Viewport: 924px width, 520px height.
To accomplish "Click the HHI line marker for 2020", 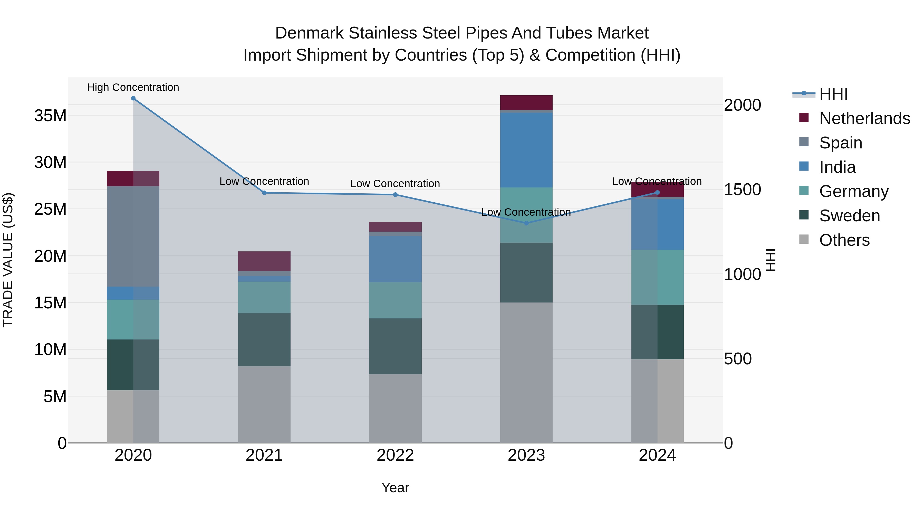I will (x=133, y=98).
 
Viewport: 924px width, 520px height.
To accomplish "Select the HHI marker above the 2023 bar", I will (x=526, y=223).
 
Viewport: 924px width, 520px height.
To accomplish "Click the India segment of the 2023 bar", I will (x=526, y=150).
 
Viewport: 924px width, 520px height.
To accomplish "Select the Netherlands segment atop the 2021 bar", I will (x=264, y=261).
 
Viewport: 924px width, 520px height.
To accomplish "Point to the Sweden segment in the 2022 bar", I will (x=395, y=346).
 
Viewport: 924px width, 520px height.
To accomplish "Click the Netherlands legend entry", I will (x=864, y=118).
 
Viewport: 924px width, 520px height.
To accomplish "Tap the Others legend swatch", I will (x=804, y=239).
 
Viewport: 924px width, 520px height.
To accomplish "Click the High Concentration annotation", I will (x=133, y=88).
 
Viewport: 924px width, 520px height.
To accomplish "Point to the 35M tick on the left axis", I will (x=50, y=116).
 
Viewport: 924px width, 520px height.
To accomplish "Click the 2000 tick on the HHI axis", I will (x=742, y=105).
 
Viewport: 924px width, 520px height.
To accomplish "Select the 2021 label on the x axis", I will (x=264, y=455).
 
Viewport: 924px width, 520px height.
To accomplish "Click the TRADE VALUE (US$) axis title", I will (x=8, y=260).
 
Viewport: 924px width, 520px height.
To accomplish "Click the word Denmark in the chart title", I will (x=309, y=33).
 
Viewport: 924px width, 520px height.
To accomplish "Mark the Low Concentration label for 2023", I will (x=526, y=212).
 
